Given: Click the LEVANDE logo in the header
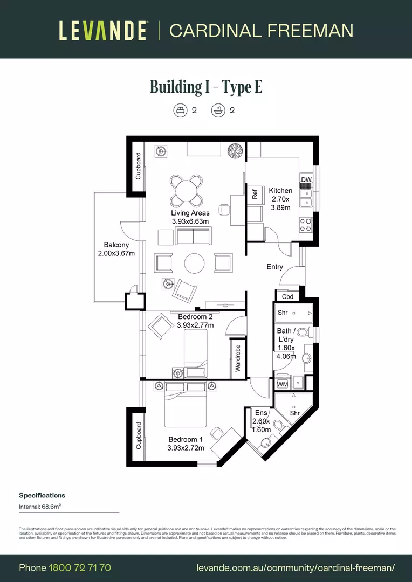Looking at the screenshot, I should [x=102, y=31].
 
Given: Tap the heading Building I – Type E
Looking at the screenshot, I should [x=206, y=86].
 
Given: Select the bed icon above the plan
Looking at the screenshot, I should [x=180, y=110].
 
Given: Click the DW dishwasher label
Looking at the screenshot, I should [x=306, y=180].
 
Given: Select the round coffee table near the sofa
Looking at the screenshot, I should [x=194, y=264].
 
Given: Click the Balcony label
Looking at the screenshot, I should [x=116, y=245].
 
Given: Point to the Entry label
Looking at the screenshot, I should [x=274, y=267].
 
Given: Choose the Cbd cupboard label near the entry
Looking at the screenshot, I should [x=287, y=297].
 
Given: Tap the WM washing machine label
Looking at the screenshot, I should [x=283, y=384].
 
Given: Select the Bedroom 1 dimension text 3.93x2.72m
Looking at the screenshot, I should [x=186, y=448].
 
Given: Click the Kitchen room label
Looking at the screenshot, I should [x=280, y=191].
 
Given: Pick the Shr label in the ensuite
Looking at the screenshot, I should [x=294, y=413].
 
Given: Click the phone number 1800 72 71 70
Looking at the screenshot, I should [x=80, y=567].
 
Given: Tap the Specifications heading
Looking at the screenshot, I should [x=42, y=495].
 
